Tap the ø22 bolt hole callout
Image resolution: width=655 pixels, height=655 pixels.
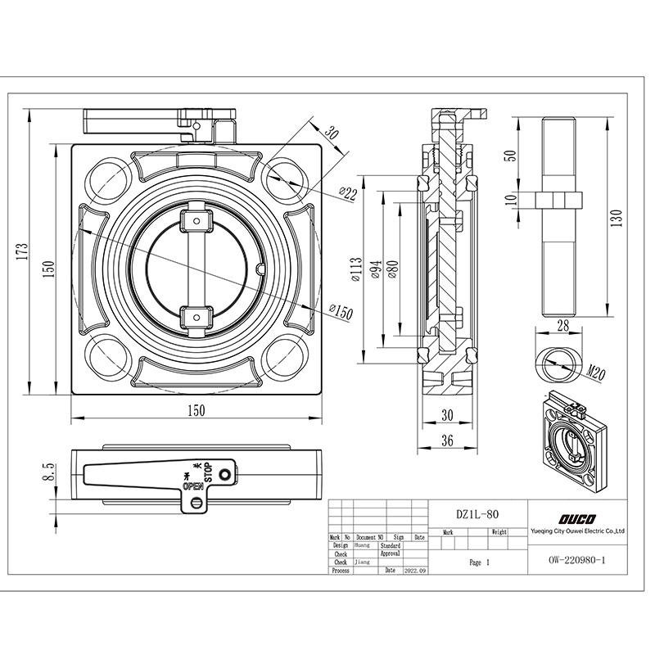[348, 194]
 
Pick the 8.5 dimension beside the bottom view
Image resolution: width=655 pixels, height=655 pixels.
[48, 471]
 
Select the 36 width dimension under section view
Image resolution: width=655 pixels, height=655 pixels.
[446, 440]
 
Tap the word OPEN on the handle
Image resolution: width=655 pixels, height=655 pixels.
[193, 485]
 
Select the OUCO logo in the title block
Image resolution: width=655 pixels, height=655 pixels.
[578, 517]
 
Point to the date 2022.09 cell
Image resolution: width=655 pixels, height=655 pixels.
[415, 570]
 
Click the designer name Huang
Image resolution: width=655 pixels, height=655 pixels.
[364, 544]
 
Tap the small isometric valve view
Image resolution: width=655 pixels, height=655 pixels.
[576, 443]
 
